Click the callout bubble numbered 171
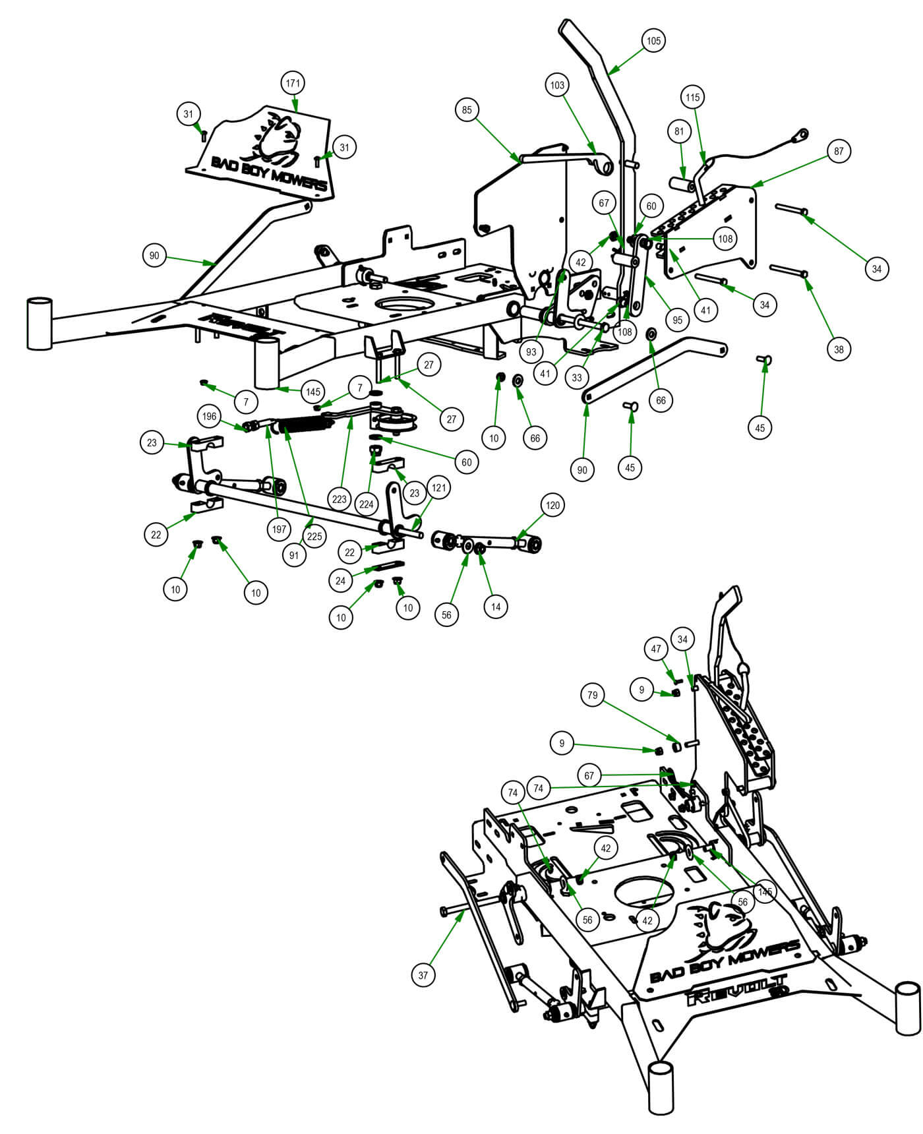point(293,84)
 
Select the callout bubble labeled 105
point(653,41)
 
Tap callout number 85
point(467,110)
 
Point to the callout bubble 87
point(838,152)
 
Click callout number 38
point(839,349)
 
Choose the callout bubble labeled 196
point(210,417)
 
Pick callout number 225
point(314,536)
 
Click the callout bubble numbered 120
point(552,506)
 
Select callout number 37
point(423,974)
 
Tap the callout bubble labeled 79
point(593,695)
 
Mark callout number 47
point(656,649)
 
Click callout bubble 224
point(366,505)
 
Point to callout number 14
point(496,607)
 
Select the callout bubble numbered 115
point(692,98)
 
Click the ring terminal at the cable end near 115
point(803,135)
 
